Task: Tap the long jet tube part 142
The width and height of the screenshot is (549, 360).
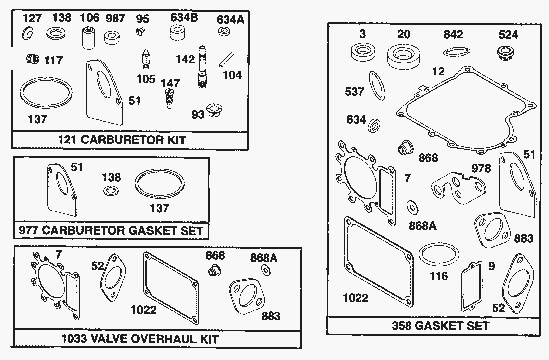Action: click(x=202, y=67)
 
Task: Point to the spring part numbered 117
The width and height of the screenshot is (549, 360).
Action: click(x=32, y=60)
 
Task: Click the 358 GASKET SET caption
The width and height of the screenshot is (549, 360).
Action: click(x=433, y=326)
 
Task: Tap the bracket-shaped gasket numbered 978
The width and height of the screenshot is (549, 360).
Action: click(x=458, y=187)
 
